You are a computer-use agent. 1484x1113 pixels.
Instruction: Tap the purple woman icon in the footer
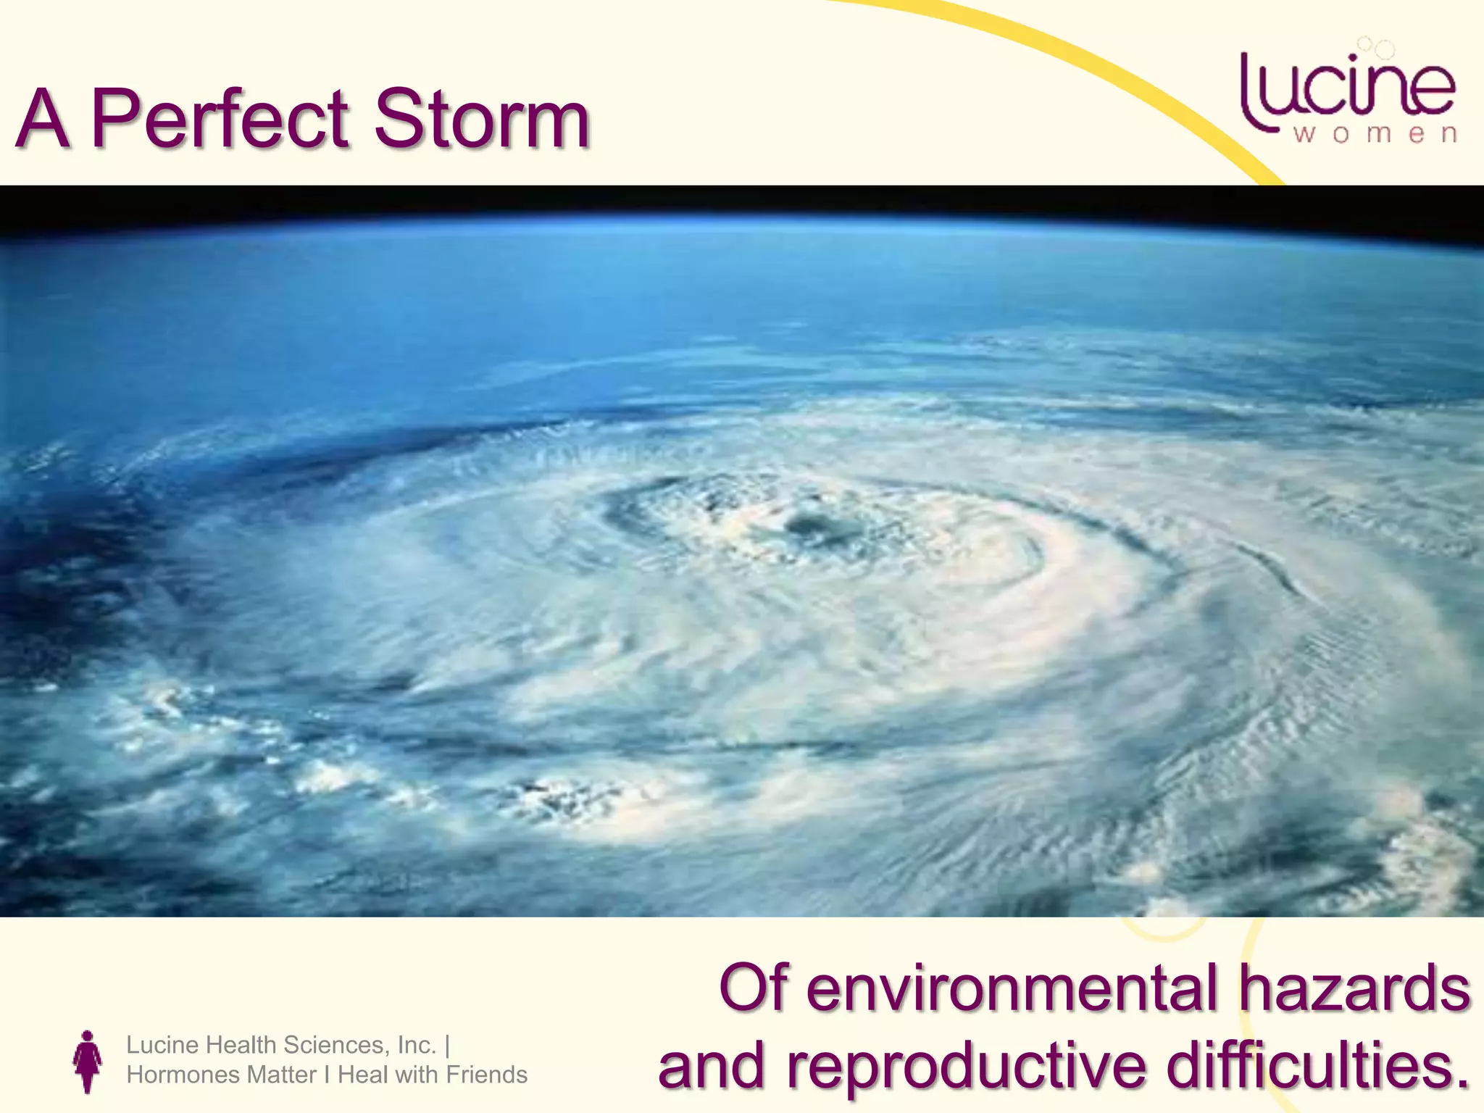88,1062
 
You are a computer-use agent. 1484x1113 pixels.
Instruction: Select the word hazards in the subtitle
1353,989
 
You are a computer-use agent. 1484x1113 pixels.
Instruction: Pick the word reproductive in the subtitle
970,1067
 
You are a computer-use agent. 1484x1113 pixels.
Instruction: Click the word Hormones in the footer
174,1075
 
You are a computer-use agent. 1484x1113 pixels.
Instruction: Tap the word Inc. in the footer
417,1045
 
